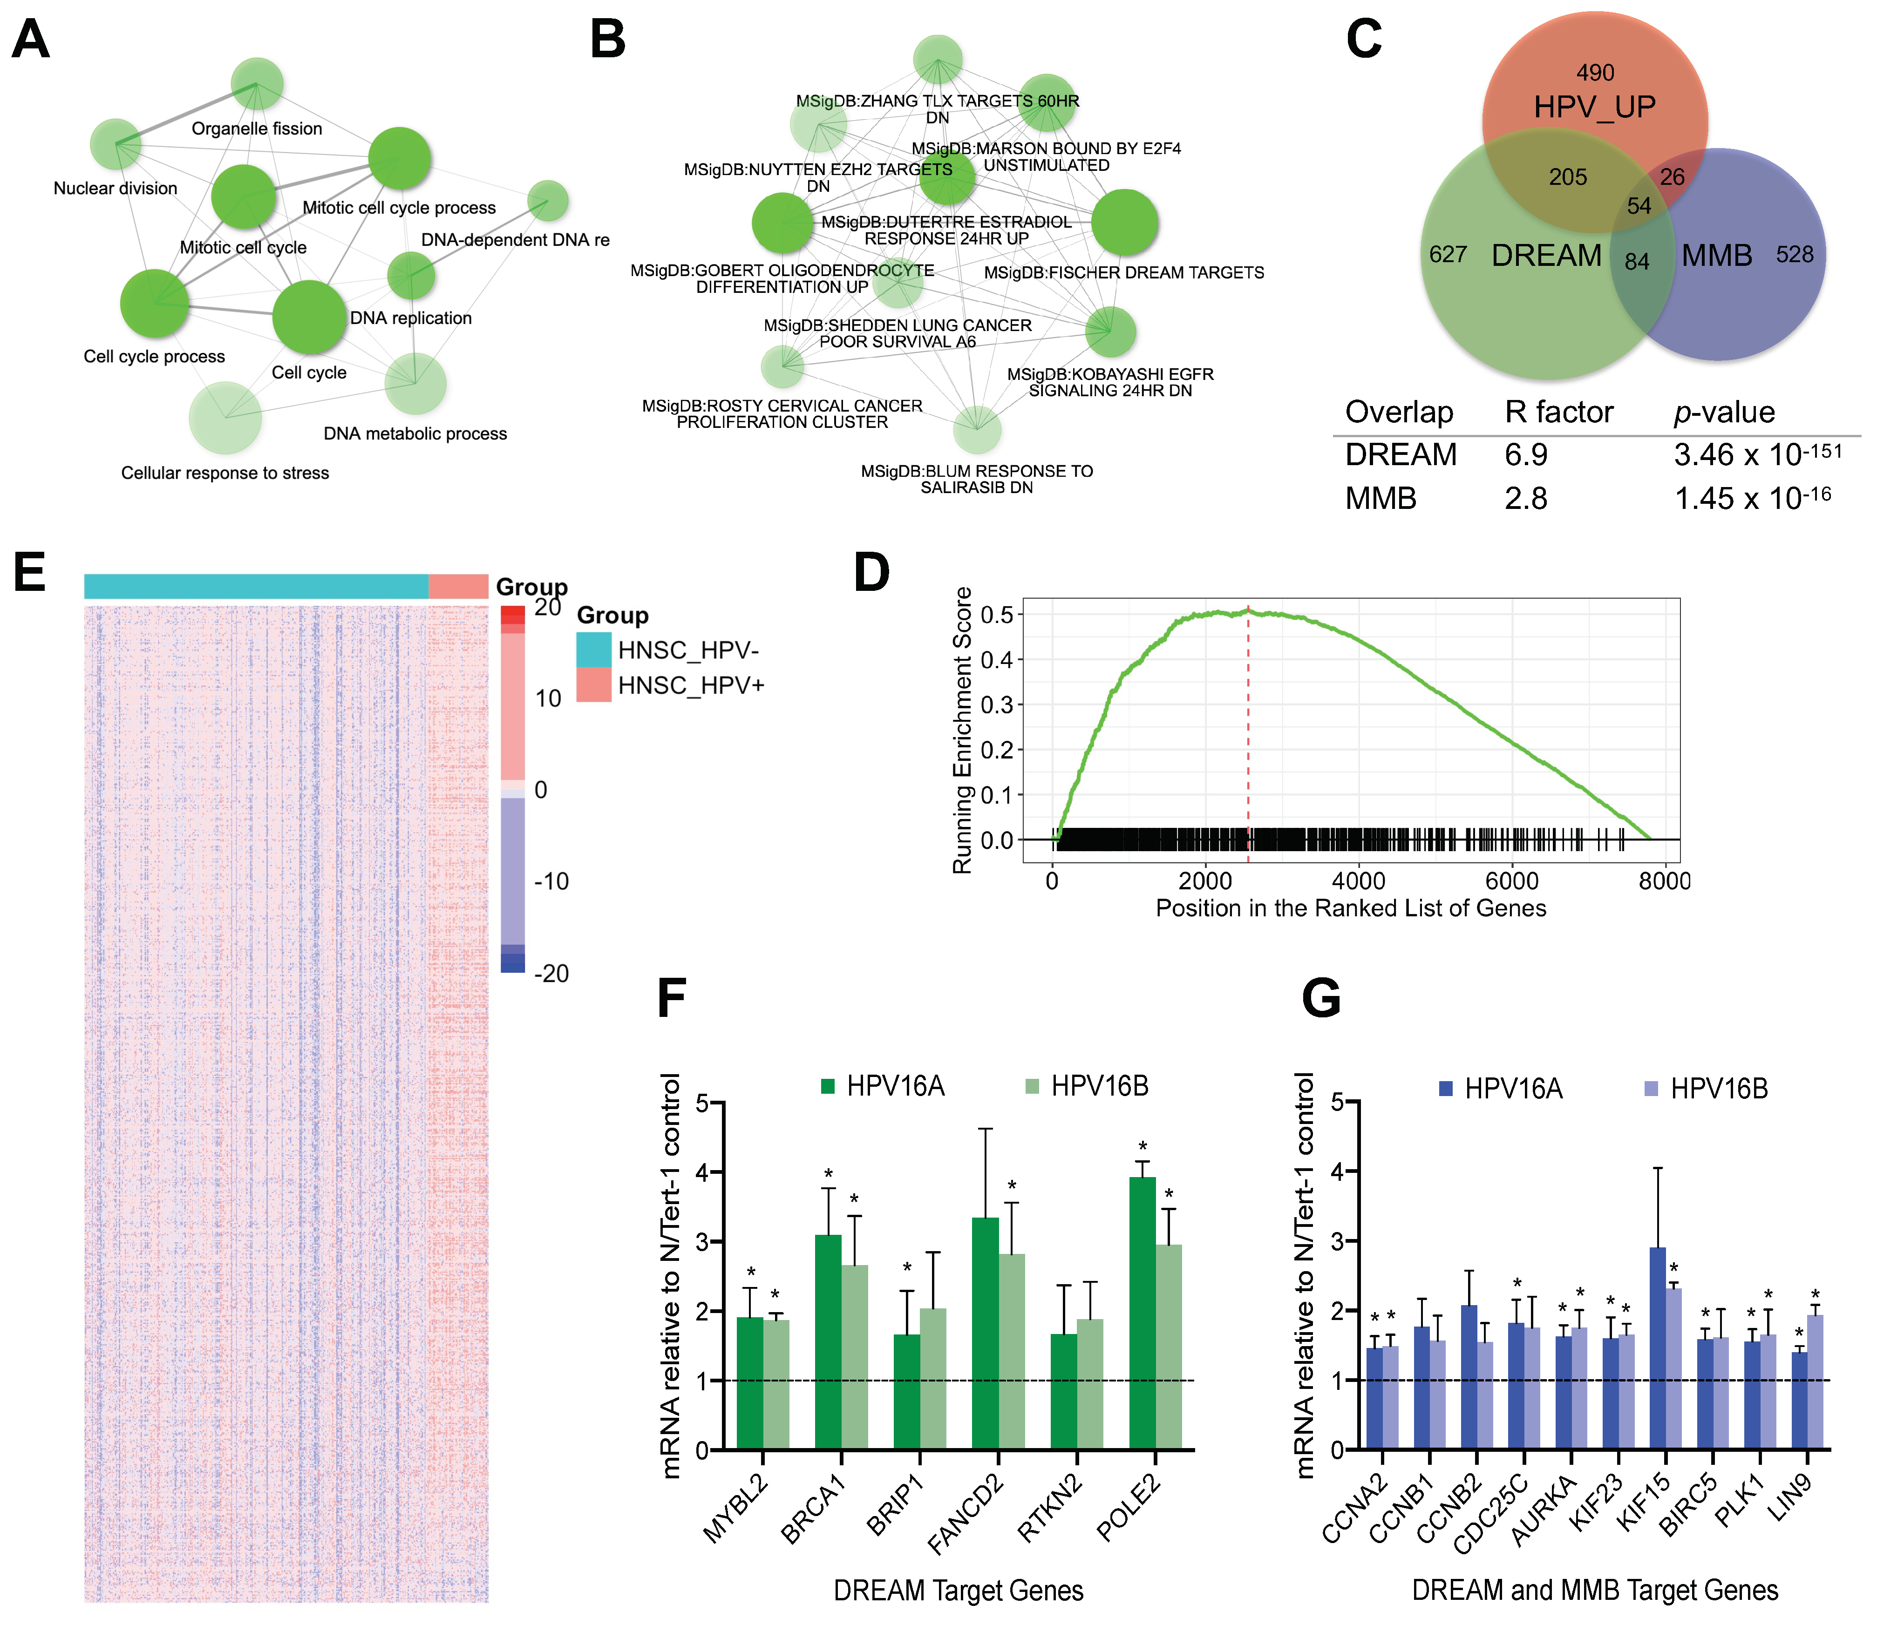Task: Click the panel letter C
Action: [1364, 41]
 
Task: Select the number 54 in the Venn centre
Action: [1639, 206]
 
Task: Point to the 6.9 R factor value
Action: [1526, 454]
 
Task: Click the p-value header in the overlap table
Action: [1724, 413]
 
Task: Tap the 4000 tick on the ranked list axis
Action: [1358, 880]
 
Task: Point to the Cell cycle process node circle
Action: [154, 303]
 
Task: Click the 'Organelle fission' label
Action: [257, 129]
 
